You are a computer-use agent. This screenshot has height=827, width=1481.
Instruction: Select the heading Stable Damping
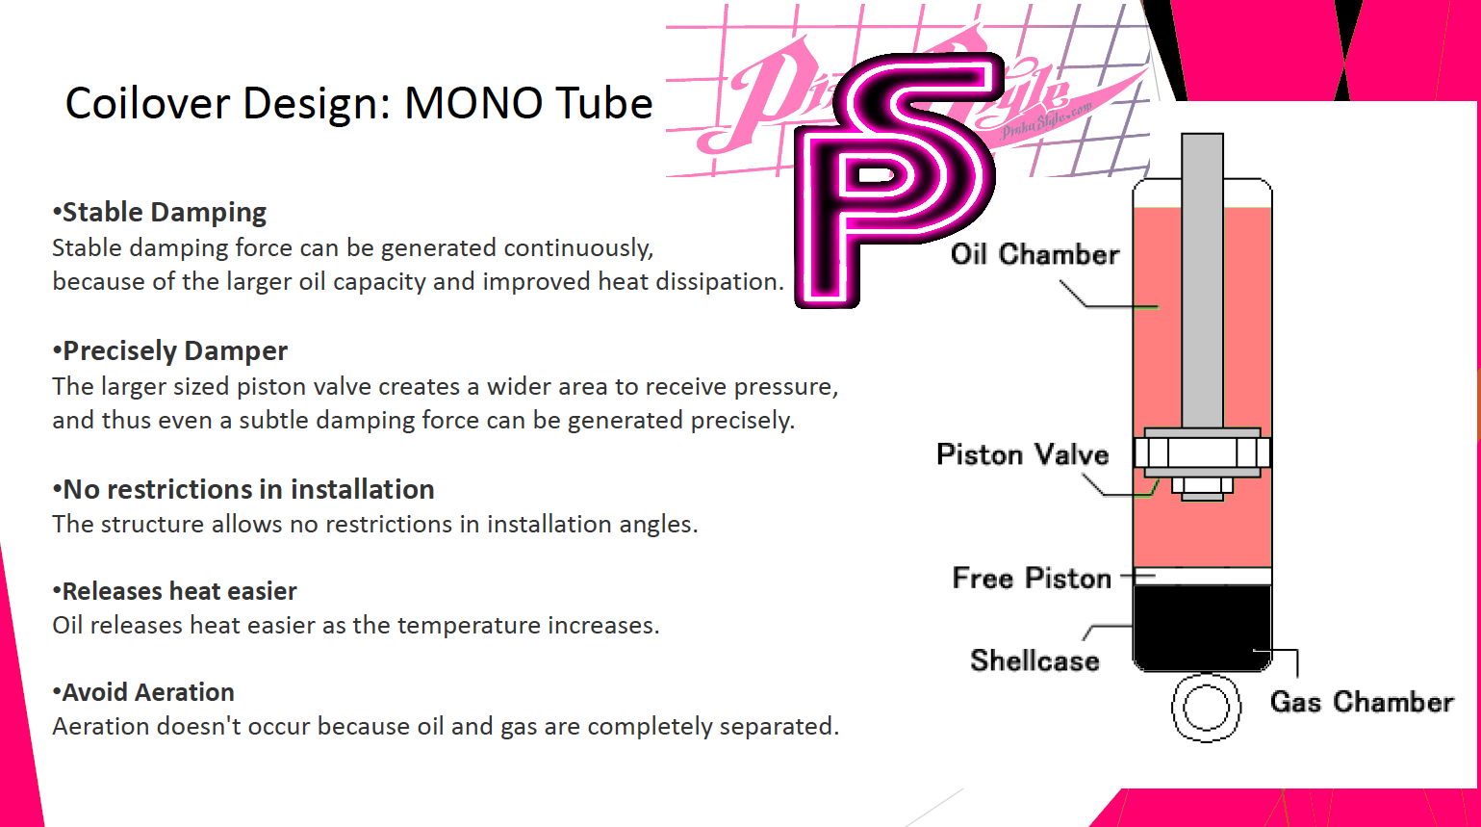tap(160, 213)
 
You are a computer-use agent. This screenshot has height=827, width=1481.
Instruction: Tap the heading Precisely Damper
tap(170, 350)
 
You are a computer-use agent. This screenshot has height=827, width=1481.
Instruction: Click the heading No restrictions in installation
tap(243, 490)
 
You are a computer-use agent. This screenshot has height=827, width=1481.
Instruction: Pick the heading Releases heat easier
tap(174, 591)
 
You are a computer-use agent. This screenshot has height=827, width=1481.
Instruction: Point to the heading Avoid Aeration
tap(143, 692)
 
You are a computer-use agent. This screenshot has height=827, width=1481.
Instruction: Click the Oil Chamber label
tap(1034, 255)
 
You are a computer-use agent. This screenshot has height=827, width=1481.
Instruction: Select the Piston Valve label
tap(1023, 455)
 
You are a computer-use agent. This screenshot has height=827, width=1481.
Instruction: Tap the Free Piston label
tap(1032, 579)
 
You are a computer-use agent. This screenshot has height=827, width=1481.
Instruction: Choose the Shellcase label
tap(1034, 661)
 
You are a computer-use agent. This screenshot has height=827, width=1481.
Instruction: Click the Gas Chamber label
tap(1362, 702)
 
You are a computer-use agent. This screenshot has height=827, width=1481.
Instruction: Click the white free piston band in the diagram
tap(1202, 577)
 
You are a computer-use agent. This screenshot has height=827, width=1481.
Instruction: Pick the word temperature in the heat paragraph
tap(447, 626)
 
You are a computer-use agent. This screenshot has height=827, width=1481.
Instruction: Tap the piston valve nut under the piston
tap(1202, 488)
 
